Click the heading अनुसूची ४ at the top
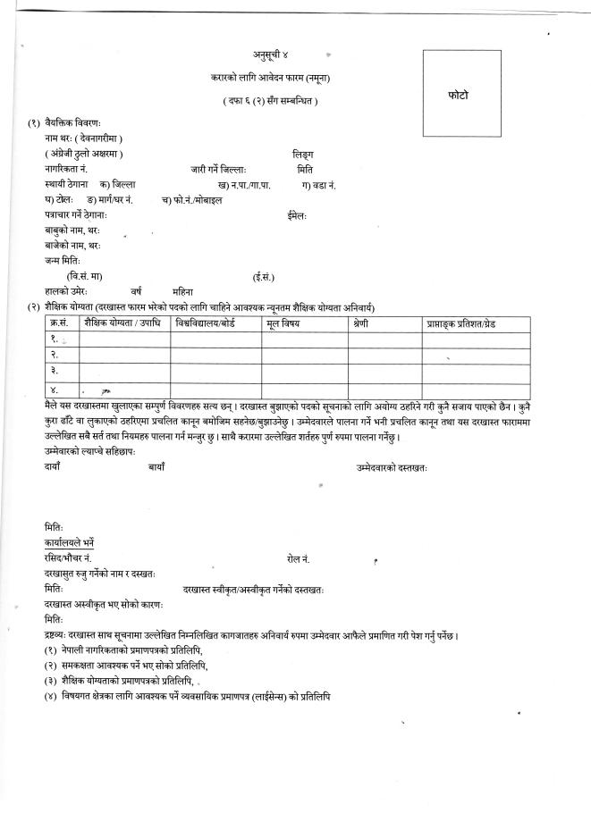point(273,56)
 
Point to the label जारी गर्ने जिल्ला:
point(217,169)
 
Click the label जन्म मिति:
point(63,260)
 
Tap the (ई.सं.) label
point(263,276)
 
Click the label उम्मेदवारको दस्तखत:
point(393,466)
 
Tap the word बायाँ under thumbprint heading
point(156,466)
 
